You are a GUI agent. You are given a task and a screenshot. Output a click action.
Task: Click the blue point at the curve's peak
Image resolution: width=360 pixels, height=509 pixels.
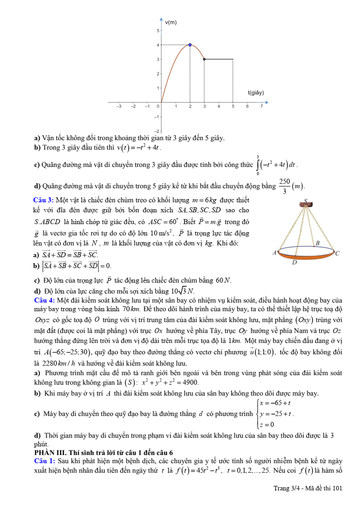coord(190,44)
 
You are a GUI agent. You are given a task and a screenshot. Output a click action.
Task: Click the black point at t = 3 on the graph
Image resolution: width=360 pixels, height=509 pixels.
coord(204,59)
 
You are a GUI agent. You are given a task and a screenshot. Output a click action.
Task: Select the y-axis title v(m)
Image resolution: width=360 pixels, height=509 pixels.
coord(171,22)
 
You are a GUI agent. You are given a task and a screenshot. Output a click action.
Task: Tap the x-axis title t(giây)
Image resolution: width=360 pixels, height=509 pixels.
coord(256,93)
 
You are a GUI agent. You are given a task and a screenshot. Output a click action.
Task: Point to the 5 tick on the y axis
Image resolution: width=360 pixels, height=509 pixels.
coord(157,30)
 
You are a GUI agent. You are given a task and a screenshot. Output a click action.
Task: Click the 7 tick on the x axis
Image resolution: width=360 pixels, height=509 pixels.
coord(262,106)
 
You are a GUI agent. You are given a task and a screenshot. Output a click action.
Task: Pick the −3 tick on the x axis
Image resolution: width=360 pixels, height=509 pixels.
coord(119,106)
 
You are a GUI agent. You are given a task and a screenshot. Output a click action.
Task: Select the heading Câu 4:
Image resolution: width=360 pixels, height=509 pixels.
coord(44,300)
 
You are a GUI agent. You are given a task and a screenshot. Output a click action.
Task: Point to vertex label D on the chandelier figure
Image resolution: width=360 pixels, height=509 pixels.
coord(294,262)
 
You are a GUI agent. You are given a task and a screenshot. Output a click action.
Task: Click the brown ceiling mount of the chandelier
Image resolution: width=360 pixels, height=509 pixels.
coord(306,205)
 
